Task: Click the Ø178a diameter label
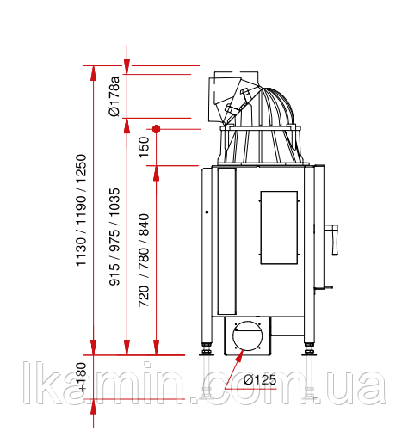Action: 114,96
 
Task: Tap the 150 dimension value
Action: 144,147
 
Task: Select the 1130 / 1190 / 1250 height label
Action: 81,210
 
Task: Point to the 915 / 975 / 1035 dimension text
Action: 114,237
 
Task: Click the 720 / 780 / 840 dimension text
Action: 144,261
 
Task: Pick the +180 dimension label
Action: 82,377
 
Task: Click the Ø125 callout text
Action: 259,380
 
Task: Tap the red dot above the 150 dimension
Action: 156,129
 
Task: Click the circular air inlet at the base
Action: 247,335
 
